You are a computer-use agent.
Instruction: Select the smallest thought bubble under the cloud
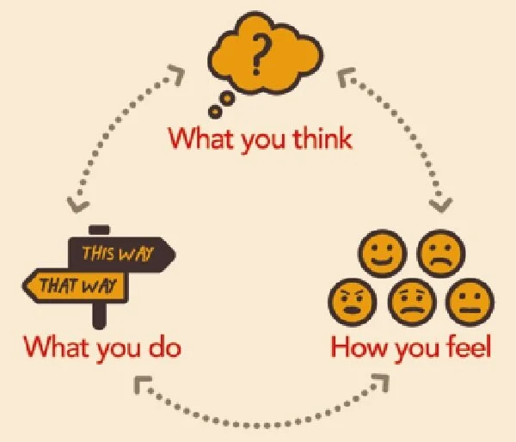(x=214, y=110)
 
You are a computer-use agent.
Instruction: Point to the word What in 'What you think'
(x=196, y=138)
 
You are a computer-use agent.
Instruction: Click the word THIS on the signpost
(x=99, y=253)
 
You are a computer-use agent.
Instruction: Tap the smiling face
(x=382, y=255)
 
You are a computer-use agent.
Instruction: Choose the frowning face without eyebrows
(x=439, y=255)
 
